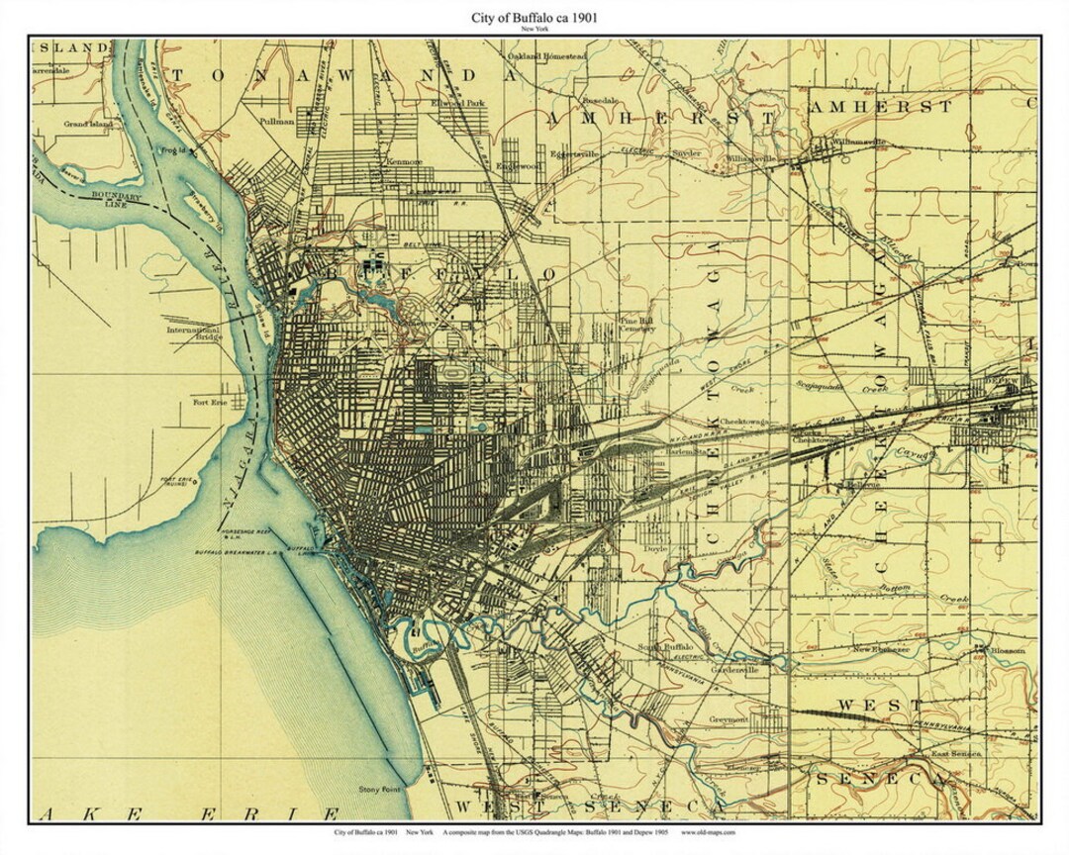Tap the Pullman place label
(276, 121)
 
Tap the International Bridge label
(194, 333)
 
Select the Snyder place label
(685, 154)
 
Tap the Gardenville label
(733, 668)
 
